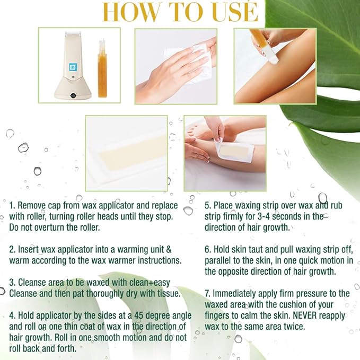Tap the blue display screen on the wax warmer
pyautogui.click(x=74, y=68)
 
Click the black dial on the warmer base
pyautogui.click(x=73, y=95)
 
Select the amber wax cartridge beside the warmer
pyautogui.click(x=102, y=68)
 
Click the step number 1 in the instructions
pyautogui.click(x=12, y=206)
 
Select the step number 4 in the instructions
pyautogui.click(x=12, y=315)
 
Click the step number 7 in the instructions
pyautogui.click(x=207, y=293)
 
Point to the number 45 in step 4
pyautogui.click(x=139, y=315)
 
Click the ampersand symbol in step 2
pyautogui.click(x=169, y=249)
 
